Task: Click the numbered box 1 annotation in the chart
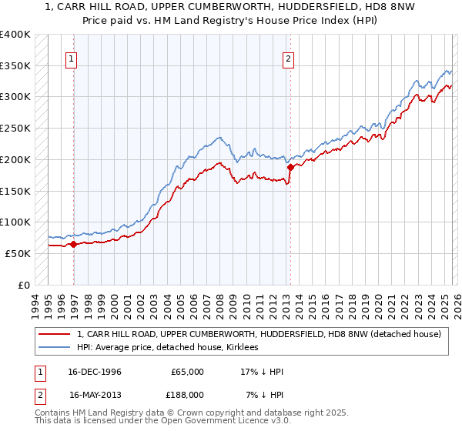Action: [71, 58]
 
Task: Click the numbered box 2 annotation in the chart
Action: [288, 58]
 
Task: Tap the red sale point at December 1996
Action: [74, 244]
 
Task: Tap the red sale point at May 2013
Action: [290, 166]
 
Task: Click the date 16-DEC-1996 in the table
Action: [95, 372]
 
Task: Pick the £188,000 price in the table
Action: [187, 395]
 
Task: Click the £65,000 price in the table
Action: [187, 372]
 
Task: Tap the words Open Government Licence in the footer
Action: [217, 421]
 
